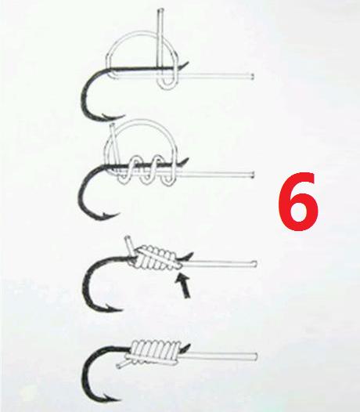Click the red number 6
(x=298, y=202)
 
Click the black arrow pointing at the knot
(x=184, y=285)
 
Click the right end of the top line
(x=252, y=77)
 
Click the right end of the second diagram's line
(x=252, y=174)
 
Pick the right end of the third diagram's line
(x=255, y=263)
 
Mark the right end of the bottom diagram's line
(x=255, y=356)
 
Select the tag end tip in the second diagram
(x=112, y=125)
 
